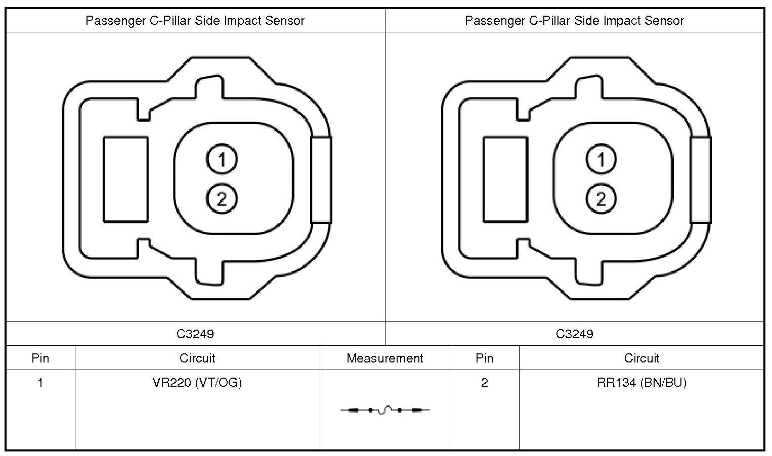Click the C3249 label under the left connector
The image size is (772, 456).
(x=195, y=334)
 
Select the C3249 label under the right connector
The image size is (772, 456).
(x=575, y=334)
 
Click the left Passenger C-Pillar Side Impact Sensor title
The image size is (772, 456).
(x=195, y=21)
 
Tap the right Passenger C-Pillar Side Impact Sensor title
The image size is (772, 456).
(x=575, y=21)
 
